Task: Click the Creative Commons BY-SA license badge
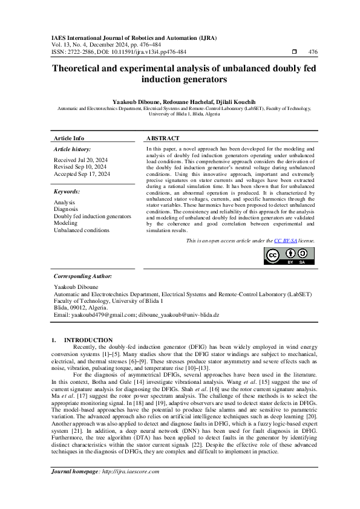[x=289, y=256]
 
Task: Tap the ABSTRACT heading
[x=163, y=138]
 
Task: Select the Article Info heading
[x=69, y=138]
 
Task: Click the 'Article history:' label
[x=72, y=149]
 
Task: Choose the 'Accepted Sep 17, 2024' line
[x=82, y=173]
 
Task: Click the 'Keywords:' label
[x=67, y=191]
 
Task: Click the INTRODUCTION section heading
[x=88, y=340]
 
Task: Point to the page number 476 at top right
[x=313, y=53]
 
